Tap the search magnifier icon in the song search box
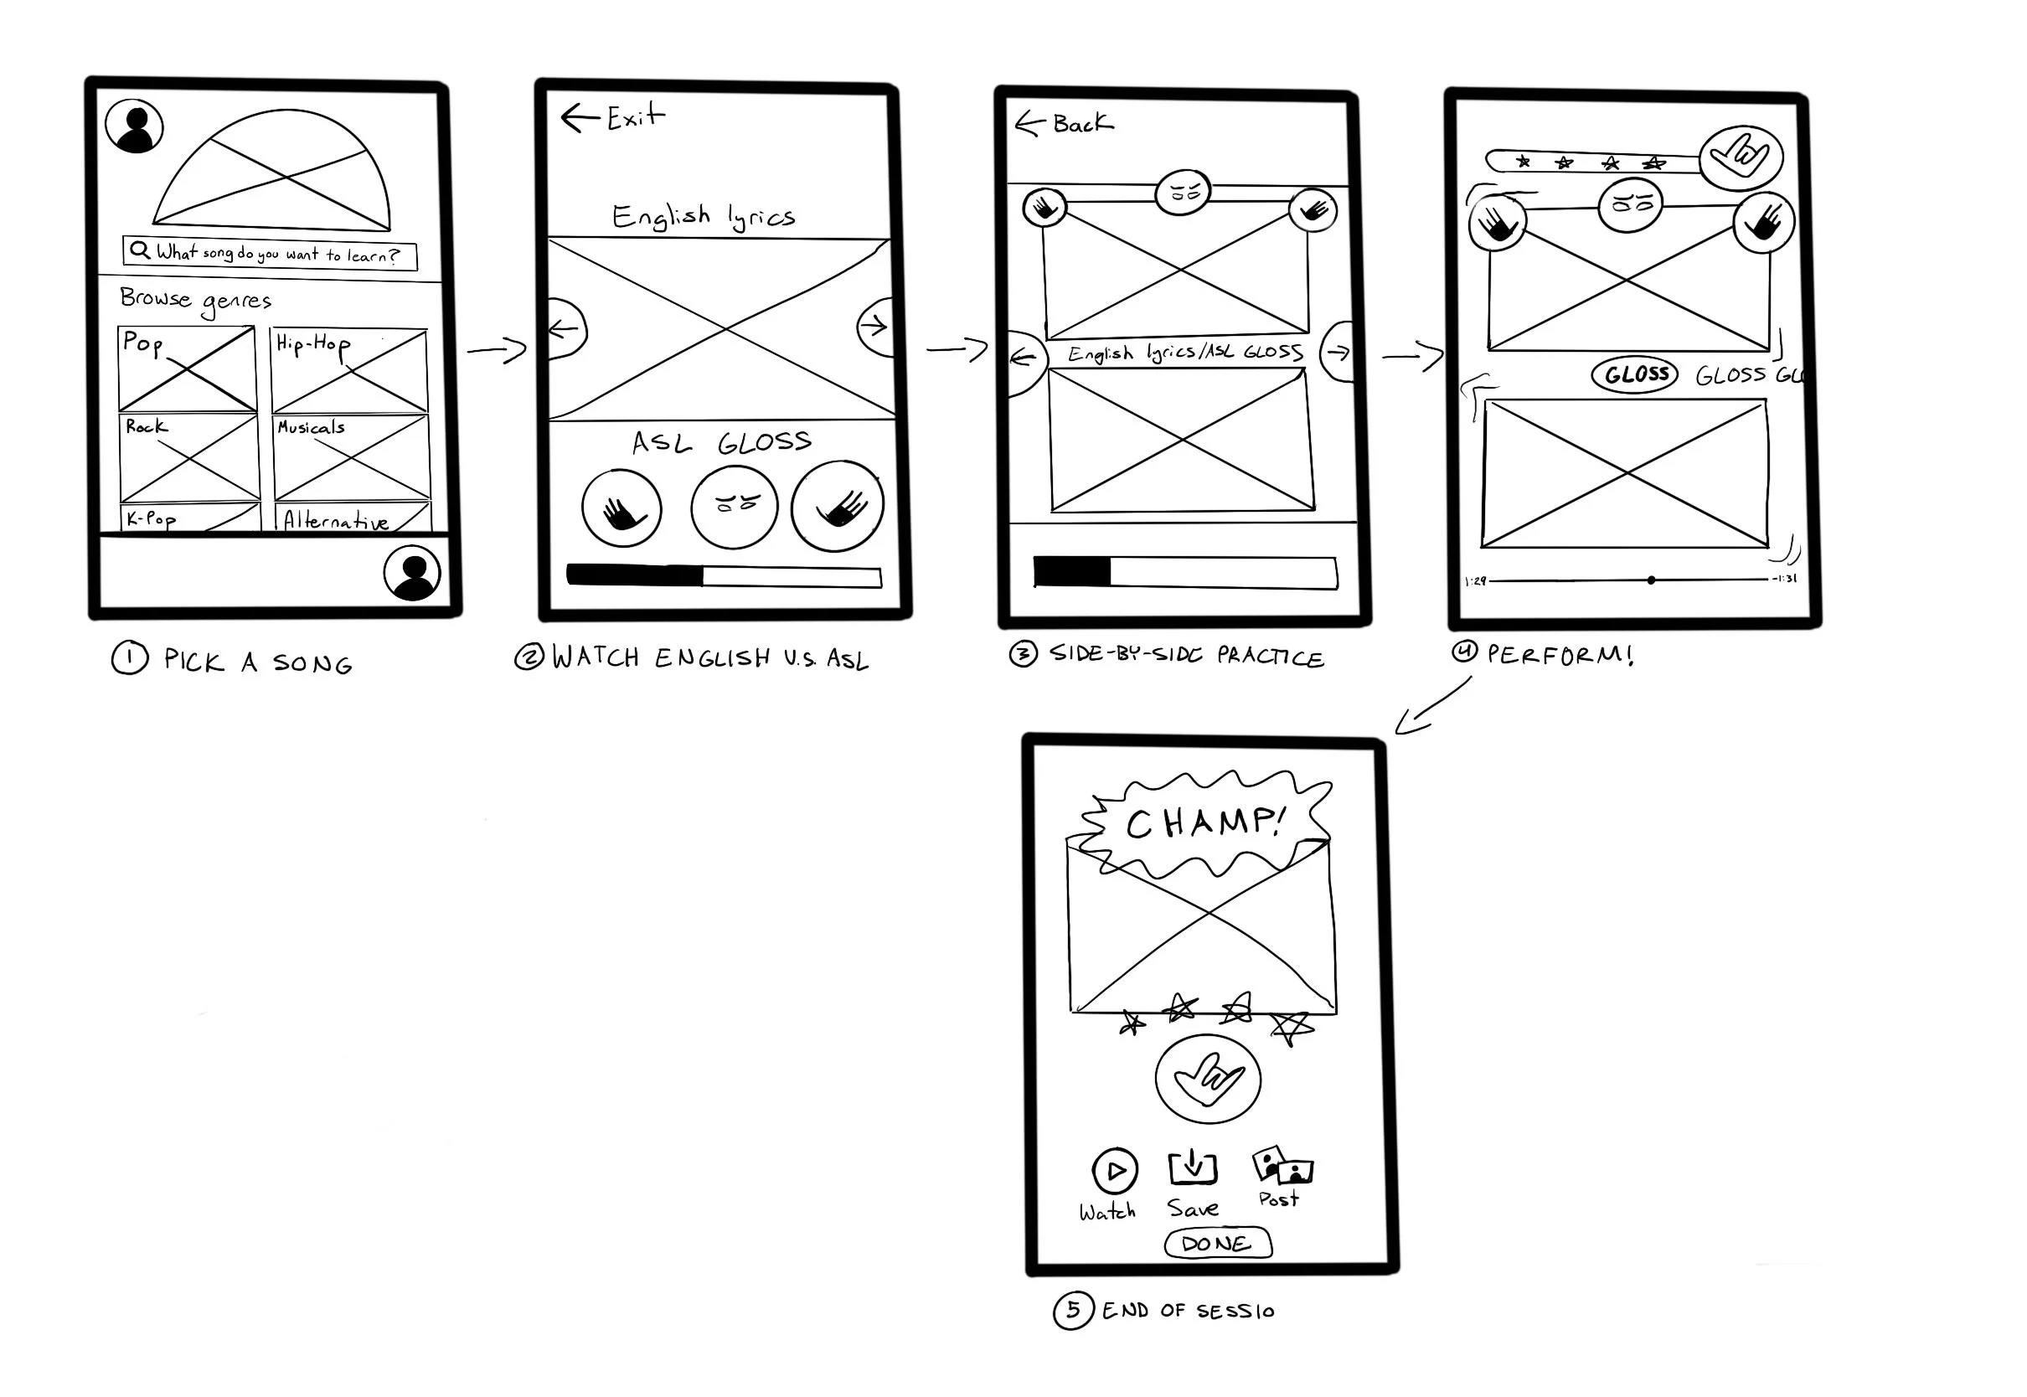[139, 250]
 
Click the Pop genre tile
[188, 369]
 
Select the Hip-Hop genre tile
[349, 370]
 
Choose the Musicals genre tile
[351, 457]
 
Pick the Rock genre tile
[189, 457]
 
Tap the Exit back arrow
[578, 117]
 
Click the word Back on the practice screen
[1083, 124]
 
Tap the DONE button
[1216, 1243]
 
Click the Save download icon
[1192, 1168]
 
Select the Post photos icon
[1282, 1166]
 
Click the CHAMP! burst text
[1206, 822]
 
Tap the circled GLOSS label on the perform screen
[1635, 374]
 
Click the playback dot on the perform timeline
[1651, 580]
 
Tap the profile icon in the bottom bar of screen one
[411, 574]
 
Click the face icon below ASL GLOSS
[734, 507]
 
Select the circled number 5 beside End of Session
[1072, 1311]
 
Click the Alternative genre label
[336, 522]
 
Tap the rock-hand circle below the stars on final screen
[1208, 1079]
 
